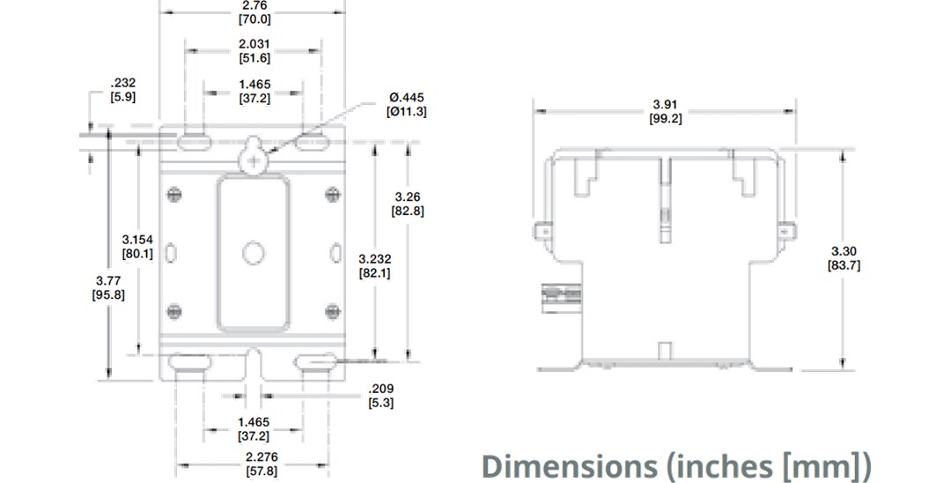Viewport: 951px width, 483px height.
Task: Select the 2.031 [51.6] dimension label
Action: (x=254, y=50)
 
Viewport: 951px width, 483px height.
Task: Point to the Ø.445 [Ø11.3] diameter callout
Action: (x=407, y=104)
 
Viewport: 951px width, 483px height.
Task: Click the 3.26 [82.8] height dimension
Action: (x=407, y=204)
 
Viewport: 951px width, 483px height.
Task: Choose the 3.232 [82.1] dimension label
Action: (x=375, y=265)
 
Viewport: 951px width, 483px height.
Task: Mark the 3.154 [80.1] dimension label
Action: (x=137, y=246)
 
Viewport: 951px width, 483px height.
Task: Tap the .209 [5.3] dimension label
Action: (x=380, y=395)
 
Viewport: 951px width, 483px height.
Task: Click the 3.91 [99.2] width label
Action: (x=666, y=112)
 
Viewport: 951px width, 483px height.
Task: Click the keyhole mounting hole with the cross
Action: (x=253, y=158)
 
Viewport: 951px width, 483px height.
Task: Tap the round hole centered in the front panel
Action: (x=253, y=254)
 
